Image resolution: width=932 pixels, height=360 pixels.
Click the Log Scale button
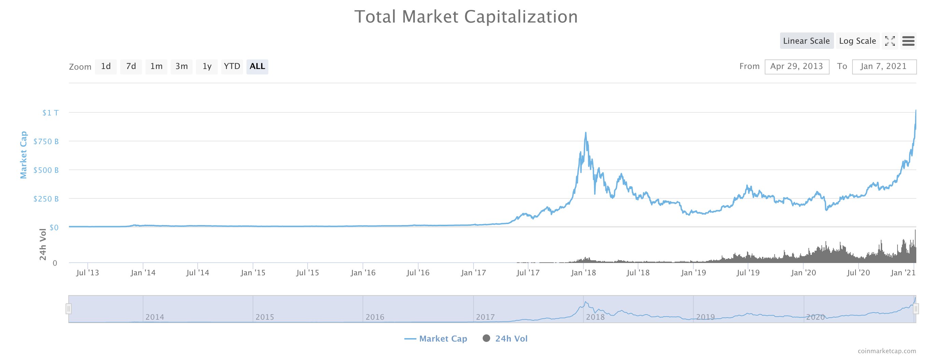857,41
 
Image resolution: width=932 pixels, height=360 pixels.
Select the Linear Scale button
806,41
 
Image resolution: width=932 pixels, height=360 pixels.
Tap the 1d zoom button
105,67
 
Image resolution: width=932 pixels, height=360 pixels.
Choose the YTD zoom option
232,67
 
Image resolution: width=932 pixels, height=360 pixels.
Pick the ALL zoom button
257,67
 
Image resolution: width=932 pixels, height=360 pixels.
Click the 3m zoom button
182,67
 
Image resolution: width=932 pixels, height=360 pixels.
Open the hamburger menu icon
908,41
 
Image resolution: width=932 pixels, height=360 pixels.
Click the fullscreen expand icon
890,41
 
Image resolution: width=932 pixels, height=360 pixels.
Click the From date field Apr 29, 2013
797,67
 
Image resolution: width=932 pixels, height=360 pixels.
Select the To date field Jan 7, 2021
884,67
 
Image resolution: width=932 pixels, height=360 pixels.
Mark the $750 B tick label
46,141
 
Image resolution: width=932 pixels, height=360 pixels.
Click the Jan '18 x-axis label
583,273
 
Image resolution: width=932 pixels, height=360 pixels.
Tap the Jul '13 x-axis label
87,273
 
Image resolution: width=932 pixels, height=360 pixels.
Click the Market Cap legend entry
436,339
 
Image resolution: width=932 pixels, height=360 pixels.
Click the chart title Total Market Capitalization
466,17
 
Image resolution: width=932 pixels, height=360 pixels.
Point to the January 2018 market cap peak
585,133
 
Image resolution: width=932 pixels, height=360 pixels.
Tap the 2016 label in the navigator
375,317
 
